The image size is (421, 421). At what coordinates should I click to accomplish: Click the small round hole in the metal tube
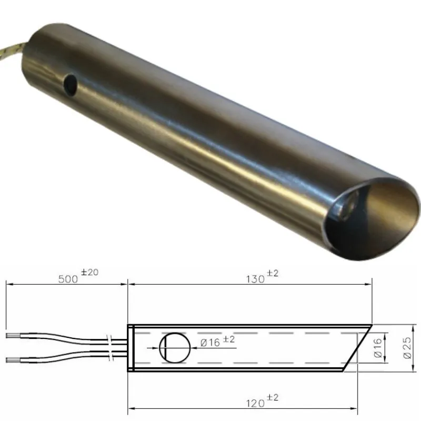pyautogui.click(x=69, y=82)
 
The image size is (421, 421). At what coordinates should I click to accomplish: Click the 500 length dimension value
pyautogui.click(x=67, y=279)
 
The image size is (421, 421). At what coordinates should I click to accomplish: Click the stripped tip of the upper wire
pyautogui.click(x=14, y=335)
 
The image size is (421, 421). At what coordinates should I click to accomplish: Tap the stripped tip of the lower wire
pyautogui.click(x=14, y=359)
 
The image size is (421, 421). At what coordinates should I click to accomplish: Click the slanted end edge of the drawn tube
pyautogui.click(x=358, y=348)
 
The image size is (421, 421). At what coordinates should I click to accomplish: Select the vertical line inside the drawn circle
pyautogui.click(x=165, y=348)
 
